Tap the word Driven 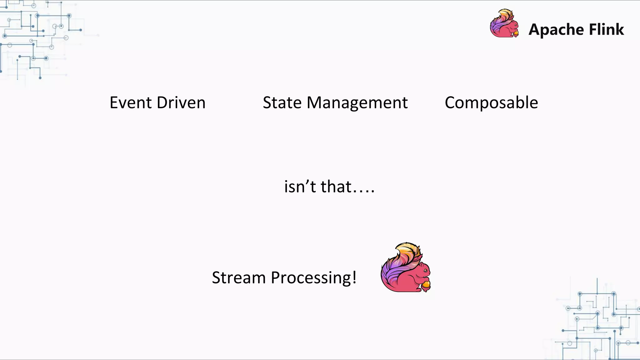tap(181, 103)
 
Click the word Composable tap(491, 103)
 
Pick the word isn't tap(300, 187)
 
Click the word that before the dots tap(336, 187)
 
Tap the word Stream tap(239, 277)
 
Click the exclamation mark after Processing tap(354, 277)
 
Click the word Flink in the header tap(607, 29)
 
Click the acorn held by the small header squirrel tap(516, 33)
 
